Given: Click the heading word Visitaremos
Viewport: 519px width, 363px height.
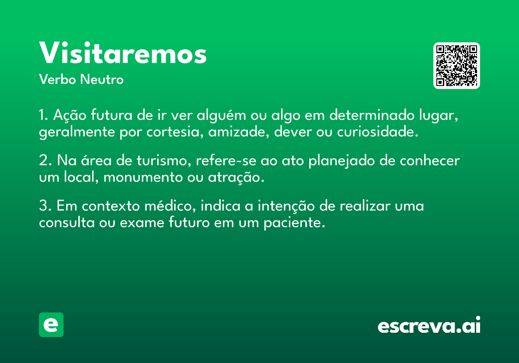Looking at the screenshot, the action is [123, 53].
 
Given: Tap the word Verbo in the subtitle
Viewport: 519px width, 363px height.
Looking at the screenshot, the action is [58, 79].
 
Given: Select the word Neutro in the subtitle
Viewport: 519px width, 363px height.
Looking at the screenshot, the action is [102, 79].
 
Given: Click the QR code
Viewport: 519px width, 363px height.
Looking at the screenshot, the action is [456, 66].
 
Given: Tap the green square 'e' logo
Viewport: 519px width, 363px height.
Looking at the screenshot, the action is [51, 325].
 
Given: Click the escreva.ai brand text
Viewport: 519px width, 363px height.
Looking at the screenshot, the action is [429, 325].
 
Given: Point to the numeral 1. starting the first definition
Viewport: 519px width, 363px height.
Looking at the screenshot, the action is [44, 115].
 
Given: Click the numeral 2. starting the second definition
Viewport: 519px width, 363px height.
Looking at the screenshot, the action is [45, 160].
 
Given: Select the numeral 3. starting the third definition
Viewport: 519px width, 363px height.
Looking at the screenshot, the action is [45, 206].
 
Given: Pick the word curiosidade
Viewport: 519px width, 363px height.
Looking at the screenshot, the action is [378, 132].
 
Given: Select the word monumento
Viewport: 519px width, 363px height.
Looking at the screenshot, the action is [143, 178].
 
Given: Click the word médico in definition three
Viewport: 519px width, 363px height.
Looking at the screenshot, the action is [170, 206].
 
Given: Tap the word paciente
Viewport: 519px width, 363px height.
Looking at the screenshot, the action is [294, 223].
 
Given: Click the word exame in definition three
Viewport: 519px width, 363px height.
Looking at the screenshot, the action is [142, 223].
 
